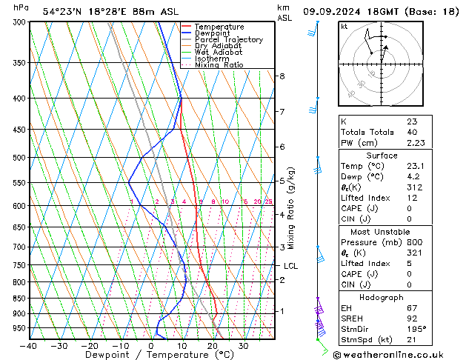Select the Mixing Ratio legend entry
tap(219, 65)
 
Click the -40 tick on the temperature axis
tap(30, 346)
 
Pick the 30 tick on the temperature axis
tap(244, 346)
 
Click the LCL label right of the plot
tap(291, 266)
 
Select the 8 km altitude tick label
tap(282, 76)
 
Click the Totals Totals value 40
tap(412, 132)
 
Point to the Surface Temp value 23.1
tap(416, 166)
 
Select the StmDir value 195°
tap(416, 329)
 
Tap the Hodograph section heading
tap(382, 296)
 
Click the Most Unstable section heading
tap(382, 232)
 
